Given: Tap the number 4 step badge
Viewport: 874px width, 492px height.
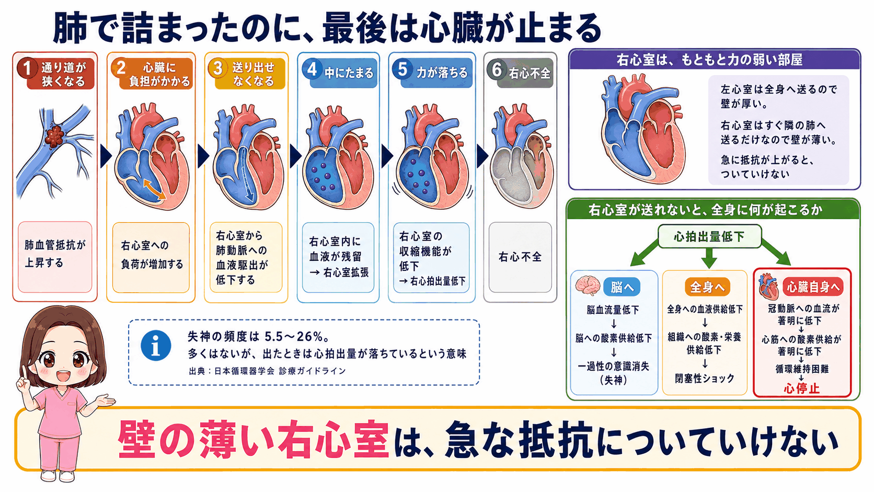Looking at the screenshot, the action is (312, 69).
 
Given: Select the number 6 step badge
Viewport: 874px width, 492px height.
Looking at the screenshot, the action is (497, 70).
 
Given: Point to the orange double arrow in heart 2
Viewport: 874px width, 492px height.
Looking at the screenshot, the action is (154, 189).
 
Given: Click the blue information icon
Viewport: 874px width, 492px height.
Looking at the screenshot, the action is (156, 346).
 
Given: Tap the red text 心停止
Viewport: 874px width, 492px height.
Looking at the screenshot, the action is (801, 388).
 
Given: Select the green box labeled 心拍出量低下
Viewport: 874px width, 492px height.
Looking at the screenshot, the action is (709, 236).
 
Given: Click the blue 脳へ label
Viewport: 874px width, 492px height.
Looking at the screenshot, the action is (622, 287).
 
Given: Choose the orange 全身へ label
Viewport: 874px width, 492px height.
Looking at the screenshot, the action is (707, 287).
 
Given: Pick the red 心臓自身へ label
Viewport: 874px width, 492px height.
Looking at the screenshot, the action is (813, 287).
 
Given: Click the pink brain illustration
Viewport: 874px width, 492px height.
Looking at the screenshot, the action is (588, 285).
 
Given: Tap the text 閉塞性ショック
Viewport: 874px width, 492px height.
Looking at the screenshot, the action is (705, 378).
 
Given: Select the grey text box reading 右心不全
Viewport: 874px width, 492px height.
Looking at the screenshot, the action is (520, 258).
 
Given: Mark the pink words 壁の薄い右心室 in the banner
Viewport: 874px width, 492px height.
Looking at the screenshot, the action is (254, 439).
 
